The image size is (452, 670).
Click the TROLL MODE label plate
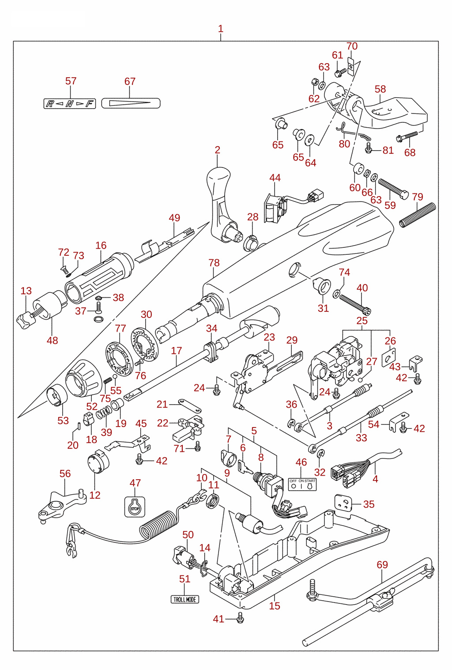[x=185, y=599]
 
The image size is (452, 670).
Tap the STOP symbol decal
[x=135, y=507]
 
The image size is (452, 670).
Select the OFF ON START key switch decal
[x=302, y=484]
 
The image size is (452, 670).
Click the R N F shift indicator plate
[x=70, y=103]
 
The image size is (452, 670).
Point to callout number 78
[x=214, y=263]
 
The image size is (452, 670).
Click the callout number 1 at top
[x=221, y=29]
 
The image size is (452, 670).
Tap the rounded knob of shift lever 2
[x=218, y=178]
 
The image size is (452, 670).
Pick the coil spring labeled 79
[x=418, y=214]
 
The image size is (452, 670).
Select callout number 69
[x=382, y=564]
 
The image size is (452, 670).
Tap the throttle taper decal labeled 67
[x=131, y=103]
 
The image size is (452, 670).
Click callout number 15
[x=275, y=606]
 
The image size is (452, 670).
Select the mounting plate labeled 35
[x=343, y=503]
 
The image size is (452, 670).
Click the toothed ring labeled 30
[x=145, y=344]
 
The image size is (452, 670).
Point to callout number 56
[x=65, y=473]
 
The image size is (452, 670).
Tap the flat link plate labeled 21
[x=189, y=405]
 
